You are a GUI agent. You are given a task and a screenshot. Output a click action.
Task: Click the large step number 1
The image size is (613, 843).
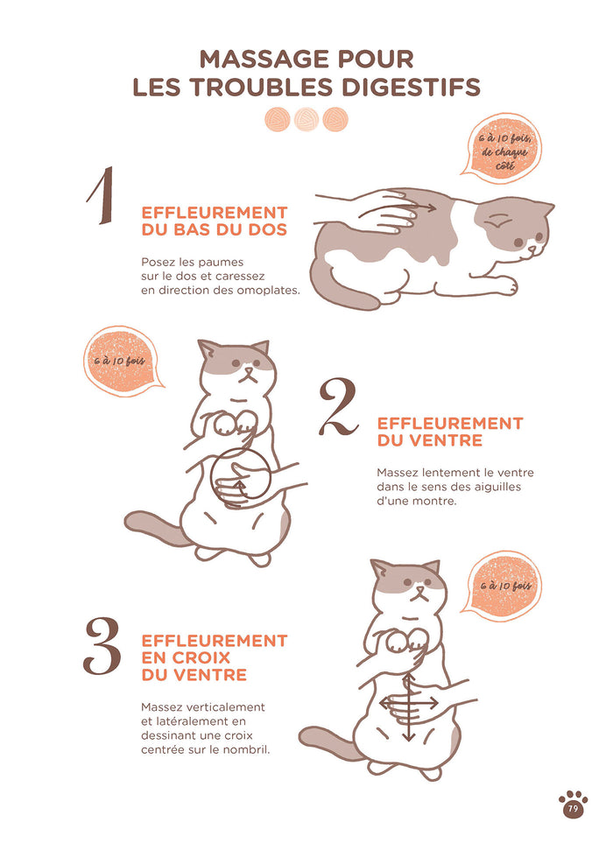click(102, 195)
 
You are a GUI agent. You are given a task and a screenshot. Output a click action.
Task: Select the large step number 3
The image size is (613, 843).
click(102, 646)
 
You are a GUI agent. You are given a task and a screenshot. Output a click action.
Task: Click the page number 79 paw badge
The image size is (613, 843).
click(573, 804)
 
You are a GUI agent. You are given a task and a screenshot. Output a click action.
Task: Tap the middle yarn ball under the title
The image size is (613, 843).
click(306, 119)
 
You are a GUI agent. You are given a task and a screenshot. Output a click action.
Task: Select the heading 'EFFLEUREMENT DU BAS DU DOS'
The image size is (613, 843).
click(214, 221)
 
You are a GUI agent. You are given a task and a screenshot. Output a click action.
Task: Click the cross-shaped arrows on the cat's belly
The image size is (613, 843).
click(409, 706)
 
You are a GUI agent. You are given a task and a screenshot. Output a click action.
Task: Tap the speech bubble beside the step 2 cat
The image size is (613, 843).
click(121, 362)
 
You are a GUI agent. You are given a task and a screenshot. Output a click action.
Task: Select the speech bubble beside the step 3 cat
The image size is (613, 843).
click(500, 586)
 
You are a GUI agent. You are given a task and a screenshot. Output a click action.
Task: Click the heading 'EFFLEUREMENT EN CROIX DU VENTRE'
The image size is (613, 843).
click(214, 657)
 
